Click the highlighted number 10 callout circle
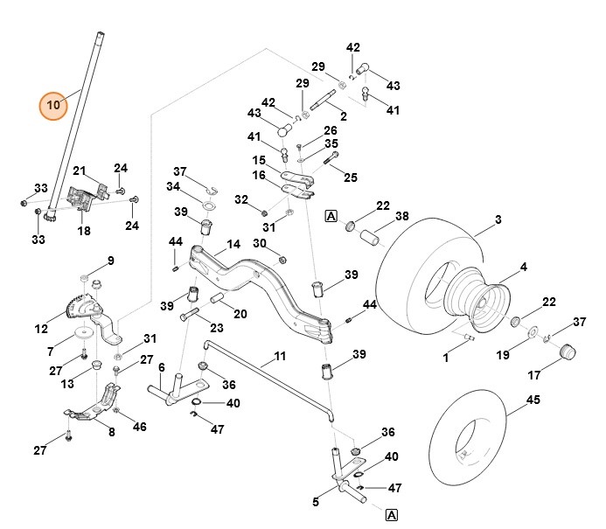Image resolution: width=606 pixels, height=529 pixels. [53, 105]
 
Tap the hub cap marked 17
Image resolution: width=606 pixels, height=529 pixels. [568, 354]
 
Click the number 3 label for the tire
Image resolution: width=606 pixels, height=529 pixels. [498, 220]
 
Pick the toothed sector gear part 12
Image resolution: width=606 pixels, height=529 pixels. [78, 309]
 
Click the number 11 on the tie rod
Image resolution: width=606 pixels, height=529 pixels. [280, 356]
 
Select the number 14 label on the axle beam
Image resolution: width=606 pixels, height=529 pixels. [233, 245]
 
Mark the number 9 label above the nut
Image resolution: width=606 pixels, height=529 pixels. [110, 260]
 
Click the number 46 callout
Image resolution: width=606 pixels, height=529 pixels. [140, 426]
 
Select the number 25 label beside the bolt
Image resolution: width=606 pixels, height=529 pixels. [351, 177]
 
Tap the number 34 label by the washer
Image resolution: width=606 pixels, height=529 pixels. [173, 186]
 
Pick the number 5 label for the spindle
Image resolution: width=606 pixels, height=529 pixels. [315, 502]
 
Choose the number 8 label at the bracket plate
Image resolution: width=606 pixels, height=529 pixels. [111, 431]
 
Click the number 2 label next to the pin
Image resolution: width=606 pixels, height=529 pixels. [343, 116]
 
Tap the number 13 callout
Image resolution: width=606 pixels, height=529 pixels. [66, 383]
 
